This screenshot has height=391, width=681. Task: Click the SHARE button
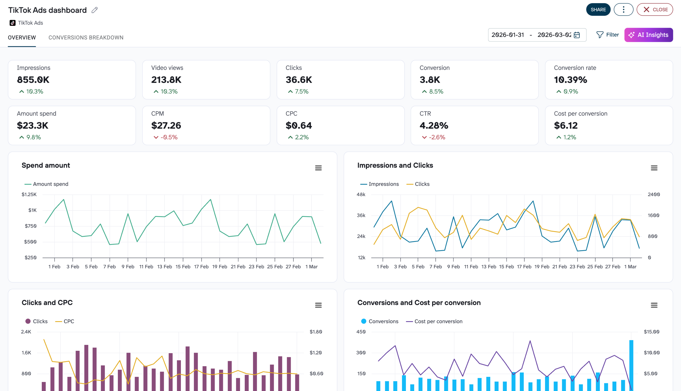(598, 10)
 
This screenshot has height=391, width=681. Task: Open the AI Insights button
(648, 35)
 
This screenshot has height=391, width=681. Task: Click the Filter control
(607, 35)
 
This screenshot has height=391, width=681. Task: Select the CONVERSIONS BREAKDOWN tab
(86, 38)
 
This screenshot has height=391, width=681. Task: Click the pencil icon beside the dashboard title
(94, 10)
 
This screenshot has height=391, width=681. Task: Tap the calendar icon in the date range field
(577, 35)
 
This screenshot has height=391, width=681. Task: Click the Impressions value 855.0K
(33, 80)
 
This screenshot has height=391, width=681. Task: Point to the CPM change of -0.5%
(169, 137)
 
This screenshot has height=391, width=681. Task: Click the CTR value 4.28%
(434, 125)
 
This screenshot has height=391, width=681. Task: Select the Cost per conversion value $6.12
(566, 125)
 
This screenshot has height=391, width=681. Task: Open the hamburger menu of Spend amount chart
(318, 168)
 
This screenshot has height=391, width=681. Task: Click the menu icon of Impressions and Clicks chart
(654, 168)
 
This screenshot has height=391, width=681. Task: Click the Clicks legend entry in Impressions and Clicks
(422, 184)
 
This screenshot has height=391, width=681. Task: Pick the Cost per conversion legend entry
(438, 321)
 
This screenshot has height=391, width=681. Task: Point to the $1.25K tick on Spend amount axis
(29, 194)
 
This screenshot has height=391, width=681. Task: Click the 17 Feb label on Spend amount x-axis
(201, 267)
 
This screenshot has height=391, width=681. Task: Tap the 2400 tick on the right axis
(654, 194)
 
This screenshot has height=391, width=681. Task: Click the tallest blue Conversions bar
(631, 365)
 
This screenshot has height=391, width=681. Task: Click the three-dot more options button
(623, 10)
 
